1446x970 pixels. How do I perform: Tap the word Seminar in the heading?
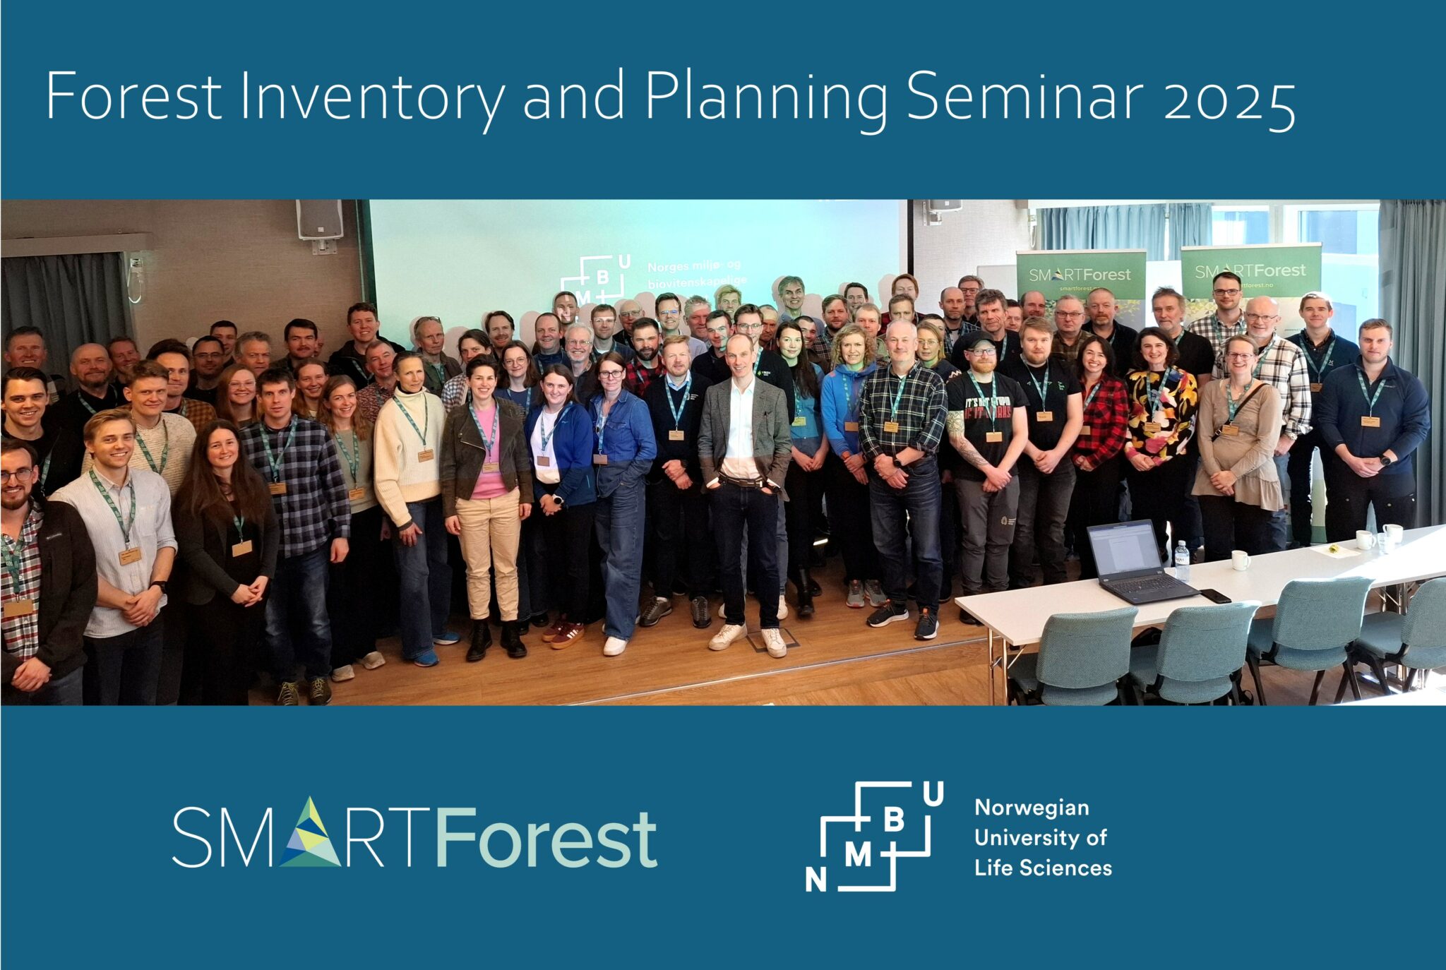coord(1024,97)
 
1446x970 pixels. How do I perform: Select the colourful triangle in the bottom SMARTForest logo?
coord(309,834)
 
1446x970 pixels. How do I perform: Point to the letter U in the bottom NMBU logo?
coord(933,795)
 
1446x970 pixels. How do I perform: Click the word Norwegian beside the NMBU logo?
coord(1032,808)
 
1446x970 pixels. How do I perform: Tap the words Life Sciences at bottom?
coord(1043,868)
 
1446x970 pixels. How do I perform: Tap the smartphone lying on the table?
coord(1214,595)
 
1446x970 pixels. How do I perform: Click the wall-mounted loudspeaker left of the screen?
coord(319,220)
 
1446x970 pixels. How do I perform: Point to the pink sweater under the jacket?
coord(487,473)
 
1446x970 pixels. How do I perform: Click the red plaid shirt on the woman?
coord(1101,424)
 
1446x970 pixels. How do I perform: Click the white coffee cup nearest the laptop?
coord(1241,560)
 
